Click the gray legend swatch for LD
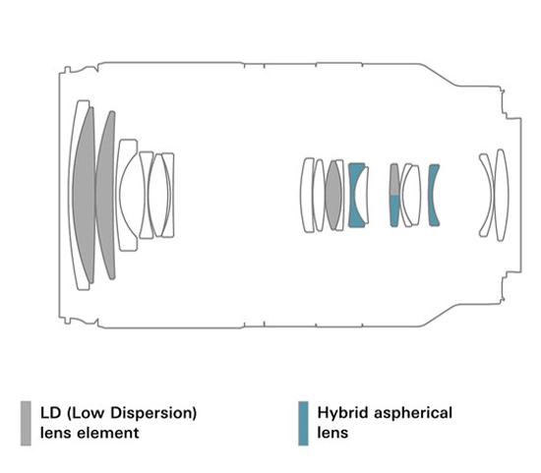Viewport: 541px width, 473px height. click(26, 423)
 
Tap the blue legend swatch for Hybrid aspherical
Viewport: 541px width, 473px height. click(303, 423)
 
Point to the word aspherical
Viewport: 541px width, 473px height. click(413, 413)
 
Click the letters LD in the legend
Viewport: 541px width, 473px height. click(51, 413)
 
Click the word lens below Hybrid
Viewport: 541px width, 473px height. click(332, 433)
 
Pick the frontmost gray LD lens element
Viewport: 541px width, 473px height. click(85, 195)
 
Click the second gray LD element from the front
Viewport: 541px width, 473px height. click(106, 195)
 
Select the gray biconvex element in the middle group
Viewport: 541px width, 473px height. click(333, 195)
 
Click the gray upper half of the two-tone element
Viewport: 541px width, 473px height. click(394, 180)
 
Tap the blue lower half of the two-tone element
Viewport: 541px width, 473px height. click(394, 210)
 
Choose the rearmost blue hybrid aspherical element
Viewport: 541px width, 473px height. click(433, 195)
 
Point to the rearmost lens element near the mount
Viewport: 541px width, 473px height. click(502, 195)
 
